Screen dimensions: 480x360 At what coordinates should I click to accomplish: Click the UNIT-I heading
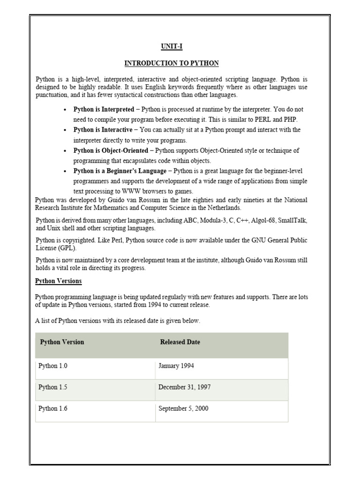[x=172, y=47]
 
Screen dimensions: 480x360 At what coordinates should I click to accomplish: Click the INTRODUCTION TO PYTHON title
[x=172, y=63]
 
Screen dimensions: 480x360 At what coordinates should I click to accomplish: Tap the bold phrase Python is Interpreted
[x=104, y=109]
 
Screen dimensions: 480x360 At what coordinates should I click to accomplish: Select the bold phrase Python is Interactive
[x=103, y=130]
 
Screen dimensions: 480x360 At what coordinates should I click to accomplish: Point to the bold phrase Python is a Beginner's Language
[x=120, y=171]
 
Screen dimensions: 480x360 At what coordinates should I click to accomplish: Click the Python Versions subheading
[x=59, y=281]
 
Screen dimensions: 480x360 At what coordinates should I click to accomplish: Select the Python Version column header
[x=62, y=342]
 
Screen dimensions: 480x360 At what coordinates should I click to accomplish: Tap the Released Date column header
[x=180, y=342]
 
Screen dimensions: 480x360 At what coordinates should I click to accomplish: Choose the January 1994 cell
[x=176, y=365]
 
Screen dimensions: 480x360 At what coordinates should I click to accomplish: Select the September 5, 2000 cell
[x=183, y=408]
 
